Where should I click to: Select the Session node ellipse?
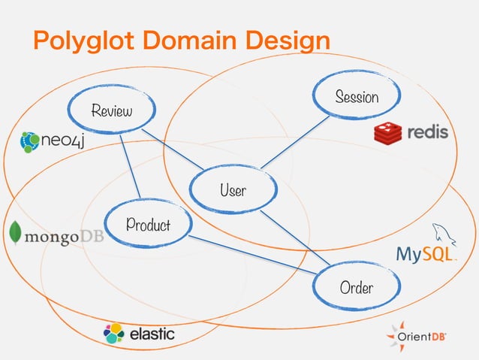[x=357, y=96]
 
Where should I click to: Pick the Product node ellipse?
[x=148, y=224]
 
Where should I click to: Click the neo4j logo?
[x=52, y=140]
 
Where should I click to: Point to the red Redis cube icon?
[x=388, y=133]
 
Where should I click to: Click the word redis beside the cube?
[x=427, y=133]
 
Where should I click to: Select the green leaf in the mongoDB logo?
[x=14, y=234]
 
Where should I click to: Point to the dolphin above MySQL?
[x=439, y=232]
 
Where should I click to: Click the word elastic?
[x=152, y=333]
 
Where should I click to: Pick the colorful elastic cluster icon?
[x=114, y=333]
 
